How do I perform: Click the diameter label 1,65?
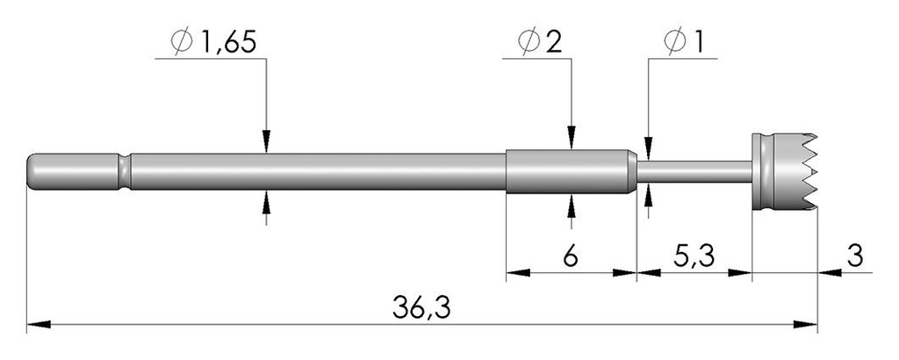point(227,42)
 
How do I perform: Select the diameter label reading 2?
point(553,42)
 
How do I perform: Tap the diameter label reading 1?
point(697,42)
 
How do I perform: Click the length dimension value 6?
point(570,256)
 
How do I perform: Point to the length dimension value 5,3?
point(694,256)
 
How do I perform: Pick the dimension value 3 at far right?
point(855,256)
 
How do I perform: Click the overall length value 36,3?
point(421,308)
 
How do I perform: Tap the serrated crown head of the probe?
point(784,171)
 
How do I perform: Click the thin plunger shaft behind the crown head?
point(694,171)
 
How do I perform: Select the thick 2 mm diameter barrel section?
point(571,171)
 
